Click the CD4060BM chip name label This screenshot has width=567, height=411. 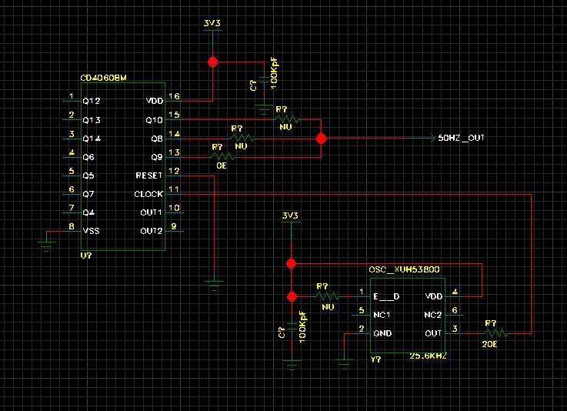pos(104,78)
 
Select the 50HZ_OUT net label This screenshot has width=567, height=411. pos(461,139)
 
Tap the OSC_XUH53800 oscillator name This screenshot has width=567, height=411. pos(403,270)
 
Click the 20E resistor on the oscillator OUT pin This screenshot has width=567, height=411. pos(495,333)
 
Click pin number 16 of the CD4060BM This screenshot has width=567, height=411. pos(175,97)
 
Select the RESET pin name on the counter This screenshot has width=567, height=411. pos(148,175)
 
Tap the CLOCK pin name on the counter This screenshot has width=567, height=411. pos(148,194)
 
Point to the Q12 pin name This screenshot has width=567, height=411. pos(91,102)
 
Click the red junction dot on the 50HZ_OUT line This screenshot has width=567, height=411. pos(322,139)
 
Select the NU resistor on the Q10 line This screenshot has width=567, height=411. pos(286,120)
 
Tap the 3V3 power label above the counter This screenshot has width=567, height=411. pos(212,23)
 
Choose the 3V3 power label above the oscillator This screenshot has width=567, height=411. pos(290,215)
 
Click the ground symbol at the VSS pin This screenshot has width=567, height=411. pos(47,246)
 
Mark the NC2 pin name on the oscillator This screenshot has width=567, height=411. pos(433,315)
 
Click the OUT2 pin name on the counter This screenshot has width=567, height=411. pos(151,231)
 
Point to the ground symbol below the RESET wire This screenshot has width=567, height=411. pos(214,283)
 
